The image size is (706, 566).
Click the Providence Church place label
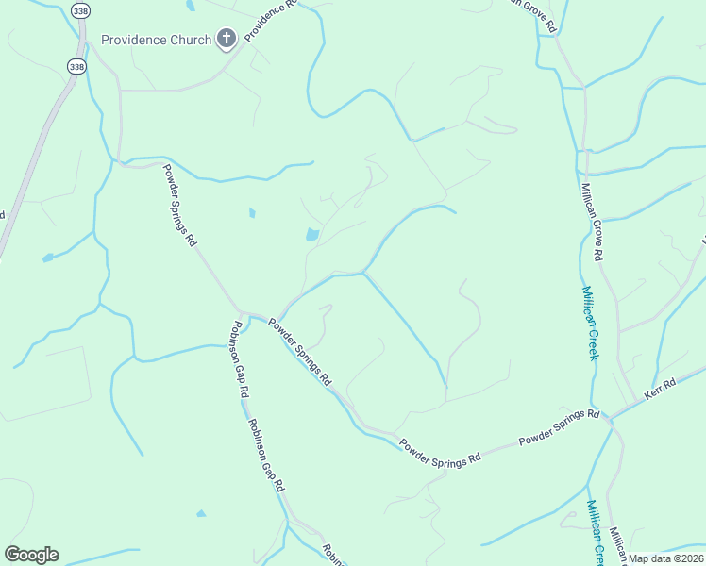pyautogui.click(x=157, y=41)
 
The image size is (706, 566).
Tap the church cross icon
pyautogui.click(x=226, y=39)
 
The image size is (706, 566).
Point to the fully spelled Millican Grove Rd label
pyautogui.click(x=592, y=222)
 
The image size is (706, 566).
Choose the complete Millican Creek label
pyautogui.click(x=589, y=324)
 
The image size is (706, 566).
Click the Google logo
pyautogui.click(x=31, y=555)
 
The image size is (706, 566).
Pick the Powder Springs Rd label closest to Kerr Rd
pyautogui.click(x=559, y=427)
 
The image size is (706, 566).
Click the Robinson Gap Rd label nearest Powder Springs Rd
pyautogui.click(x=236, y=358)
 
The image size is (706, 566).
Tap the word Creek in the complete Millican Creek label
pyautogui.click(x=592, y=340)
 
